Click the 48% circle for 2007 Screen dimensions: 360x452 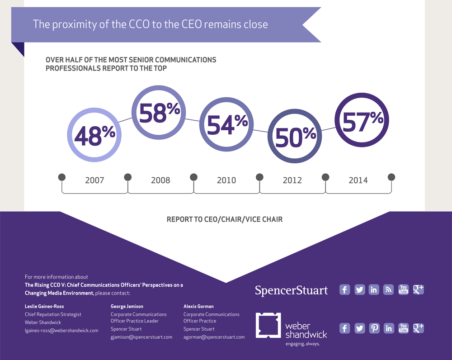tap(94, 135)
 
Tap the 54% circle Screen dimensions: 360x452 tap(226, 124)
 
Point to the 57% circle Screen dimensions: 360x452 tap(361, 120)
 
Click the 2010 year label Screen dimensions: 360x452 tap(226, 180)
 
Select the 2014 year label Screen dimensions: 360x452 tap(358, 180)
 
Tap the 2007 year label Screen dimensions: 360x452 tap(94, 180)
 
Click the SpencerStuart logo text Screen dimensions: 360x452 tap(292, 290)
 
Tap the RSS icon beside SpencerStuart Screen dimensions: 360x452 tap(388, 289)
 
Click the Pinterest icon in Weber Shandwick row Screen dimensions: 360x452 tap(374, 328)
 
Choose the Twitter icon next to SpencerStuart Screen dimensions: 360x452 tap(359, 289)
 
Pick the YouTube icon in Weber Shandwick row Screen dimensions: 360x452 tap(403, 328)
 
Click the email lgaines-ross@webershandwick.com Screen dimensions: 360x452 tap(61, 331)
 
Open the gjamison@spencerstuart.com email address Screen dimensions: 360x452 tap(141, 337)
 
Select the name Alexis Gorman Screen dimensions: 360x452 tap(198, 306)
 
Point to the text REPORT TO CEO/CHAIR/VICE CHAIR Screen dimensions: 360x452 tap(225, 219)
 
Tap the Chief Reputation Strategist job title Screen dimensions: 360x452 tap(53, 314)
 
